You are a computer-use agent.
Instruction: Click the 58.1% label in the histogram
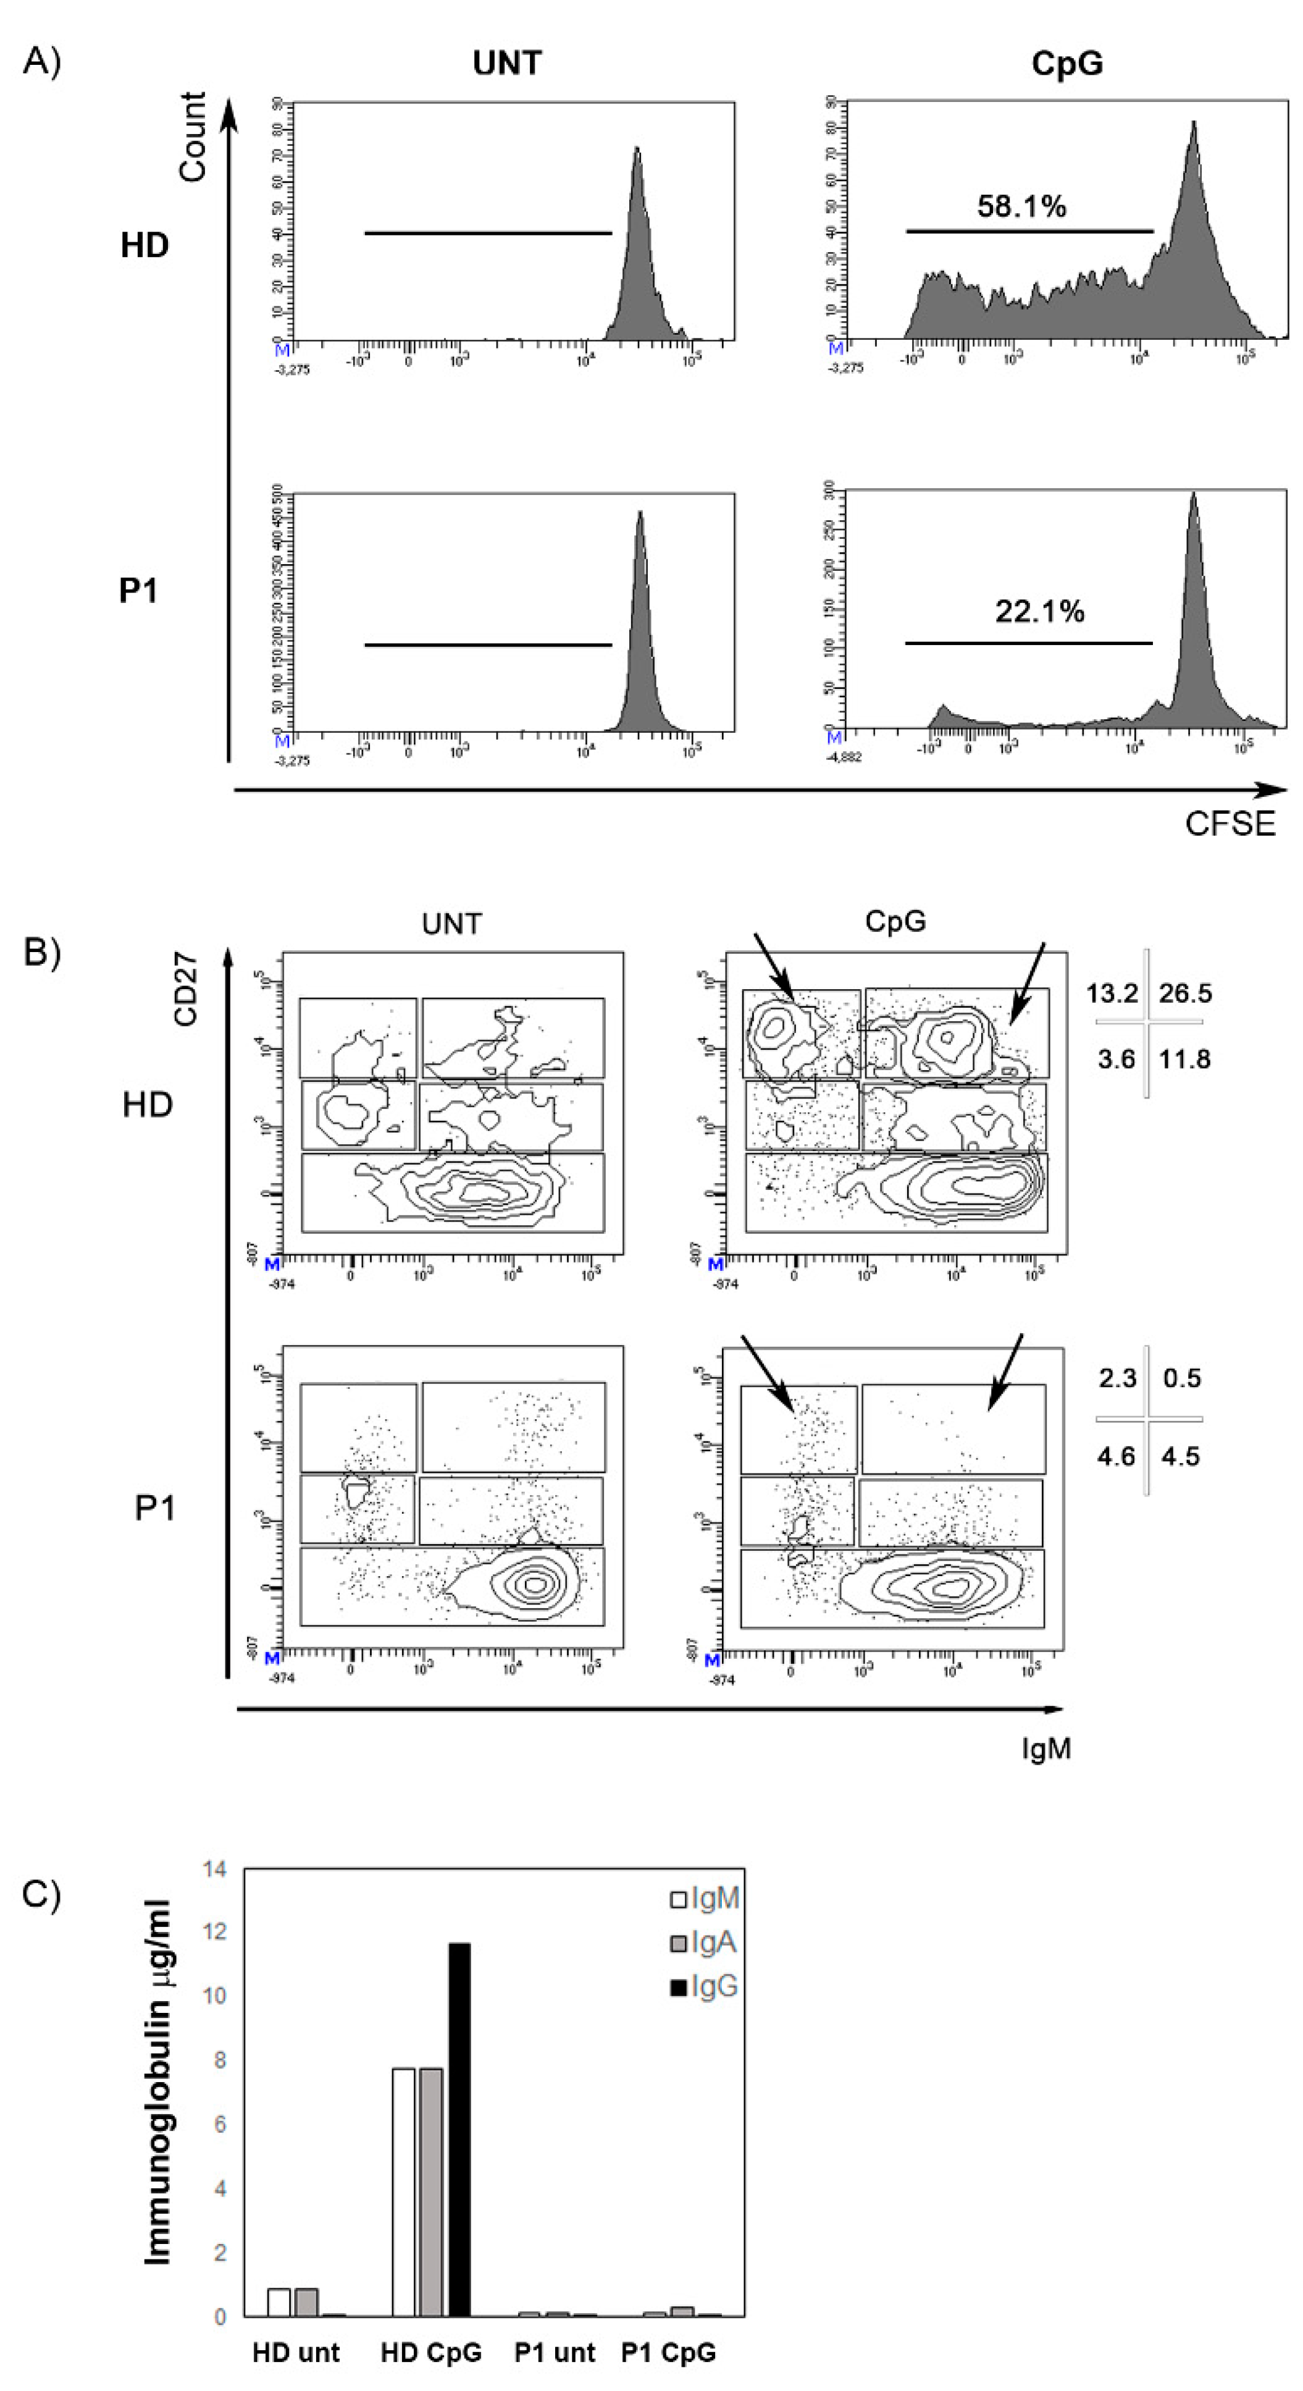[x=1021, y=206]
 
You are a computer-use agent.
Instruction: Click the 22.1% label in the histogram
[x=1039, y=611]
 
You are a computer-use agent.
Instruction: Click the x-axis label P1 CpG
[x=668, y=2353]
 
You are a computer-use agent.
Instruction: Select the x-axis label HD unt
[x=296, y=2353]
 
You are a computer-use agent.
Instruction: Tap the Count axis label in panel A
[x=192, y=137]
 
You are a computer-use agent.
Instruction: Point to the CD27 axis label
[x=186, y=989]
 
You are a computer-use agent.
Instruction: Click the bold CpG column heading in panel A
[x=1066, y=63]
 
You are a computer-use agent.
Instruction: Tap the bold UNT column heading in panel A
[x=507, y=63]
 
